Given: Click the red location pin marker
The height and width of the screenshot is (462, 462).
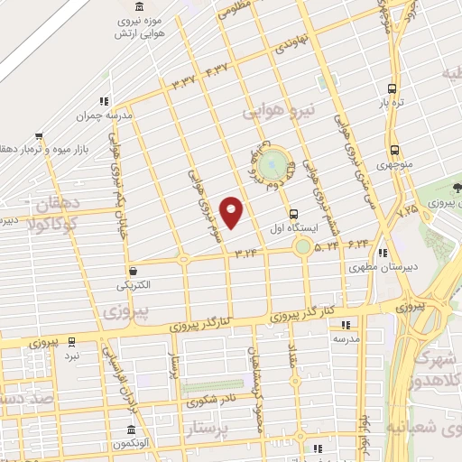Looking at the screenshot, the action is [x=232, y=211].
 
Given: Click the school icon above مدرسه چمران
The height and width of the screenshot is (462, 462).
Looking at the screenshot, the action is [x=105, y=100].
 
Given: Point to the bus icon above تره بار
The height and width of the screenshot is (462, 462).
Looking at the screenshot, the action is [x=391, y=88].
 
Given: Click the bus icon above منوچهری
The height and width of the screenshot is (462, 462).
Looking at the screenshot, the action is [x=393, y=151].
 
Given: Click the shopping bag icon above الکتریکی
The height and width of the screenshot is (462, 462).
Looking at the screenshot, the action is [x=134, y=270].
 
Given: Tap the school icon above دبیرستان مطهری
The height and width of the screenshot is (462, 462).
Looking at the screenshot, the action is [x=383, y=254].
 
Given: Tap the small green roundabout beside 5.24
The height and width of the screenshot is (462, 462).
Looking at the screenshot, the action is [x=303, y=245].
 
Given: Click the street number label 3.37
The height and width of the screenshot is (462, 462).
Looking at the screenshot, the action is [x=184, y=83].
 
